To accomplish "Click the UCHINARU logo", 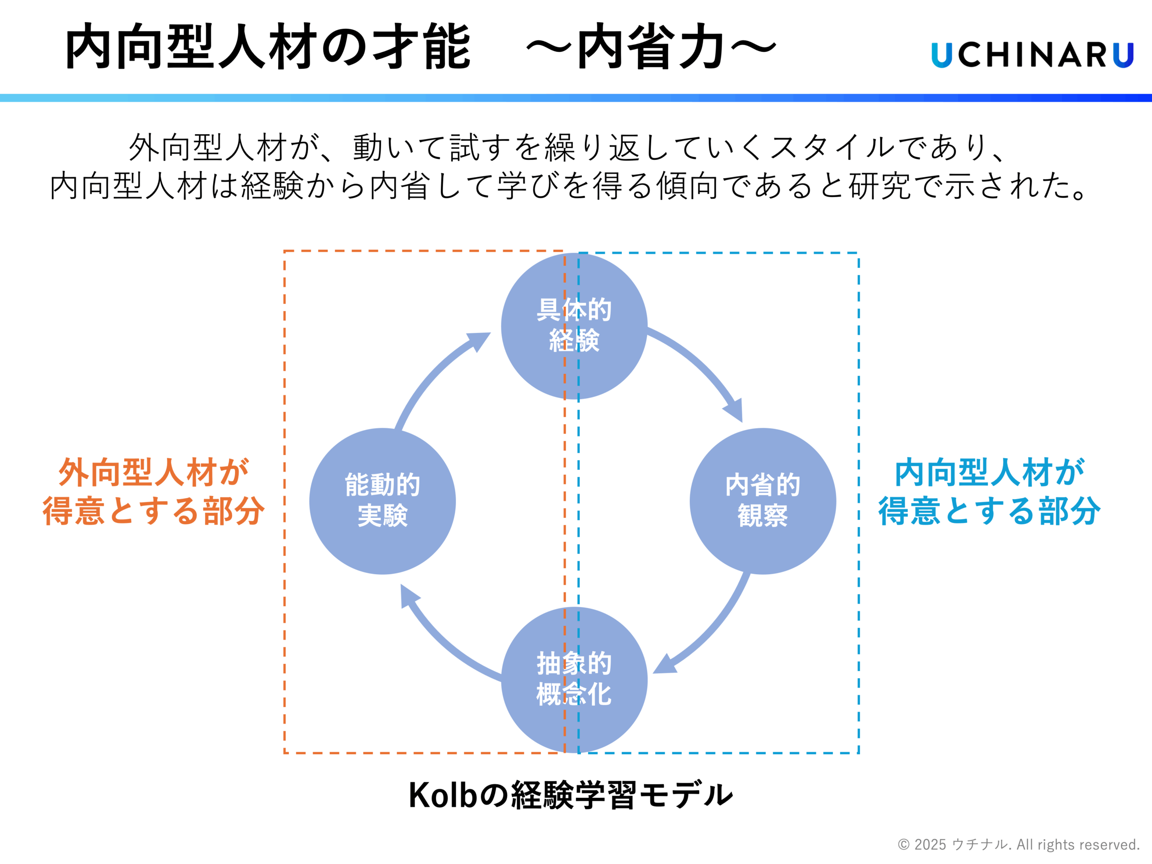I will coord(1032,55).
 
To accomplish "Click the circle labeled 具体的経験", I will coord(574,326).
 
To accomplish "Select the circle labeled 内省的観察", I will coord(762,501).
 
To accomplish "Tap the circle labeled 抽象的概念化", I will coord(574,679).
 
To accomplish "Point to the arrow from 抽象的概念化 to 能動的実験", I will coord(443,641).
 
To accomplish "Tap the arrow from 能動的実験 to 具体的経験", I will coord(437,375).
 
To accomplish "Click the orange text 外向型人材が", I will coord(153,473).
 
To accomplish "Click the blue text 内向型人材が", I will coord(990,473).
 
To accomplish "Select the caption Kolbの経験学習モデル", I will coord(571,795).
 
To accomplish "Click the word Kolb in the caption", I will coord(443,795).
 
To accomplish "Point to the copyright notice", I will coord(1019,844).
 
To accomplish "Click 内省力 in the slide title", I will coord(651,47).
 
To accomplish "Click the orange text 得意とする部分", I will coord(153,510).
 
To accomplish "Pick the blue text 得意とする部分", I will coord(990,510).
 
